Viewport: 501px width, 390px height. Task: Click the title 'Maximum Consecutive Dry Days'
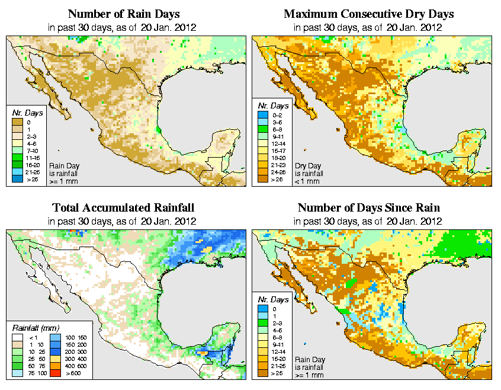[368, 13]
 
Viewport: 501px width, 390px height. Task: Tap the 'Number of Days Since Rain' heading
[368, 207]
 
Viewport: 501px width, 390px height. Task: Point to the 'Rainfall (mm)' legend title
[36, 328]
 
